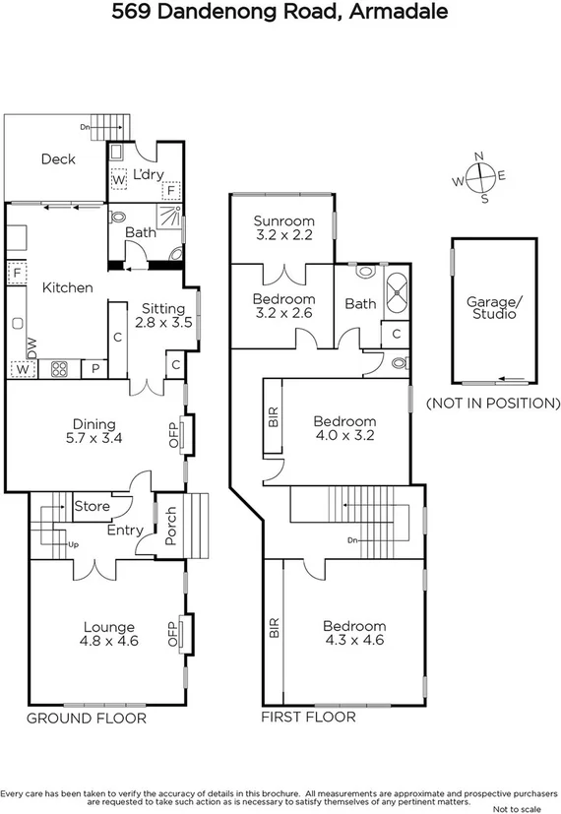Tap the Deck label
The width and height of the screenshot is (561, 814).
[58, 158]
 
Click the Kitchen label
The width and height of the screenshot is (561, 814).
[67, 287]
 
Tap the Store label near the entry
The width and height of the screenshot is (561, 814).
[93, 507]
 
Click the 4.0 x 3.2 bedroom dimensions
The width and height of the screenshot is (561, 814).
[345, 433]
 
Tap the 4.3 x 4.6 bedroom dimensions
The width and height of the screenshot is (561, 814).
[354, 640]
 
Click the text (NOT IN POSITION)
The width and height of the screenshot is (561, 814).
[492, 404]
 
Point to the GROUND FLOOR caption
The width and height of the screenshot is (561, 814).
[87, 719]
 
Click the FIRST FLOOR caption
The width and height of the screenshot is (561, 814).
[308, 718]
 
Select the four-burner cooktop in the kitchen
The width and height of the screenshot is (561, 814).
[58, 370]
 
